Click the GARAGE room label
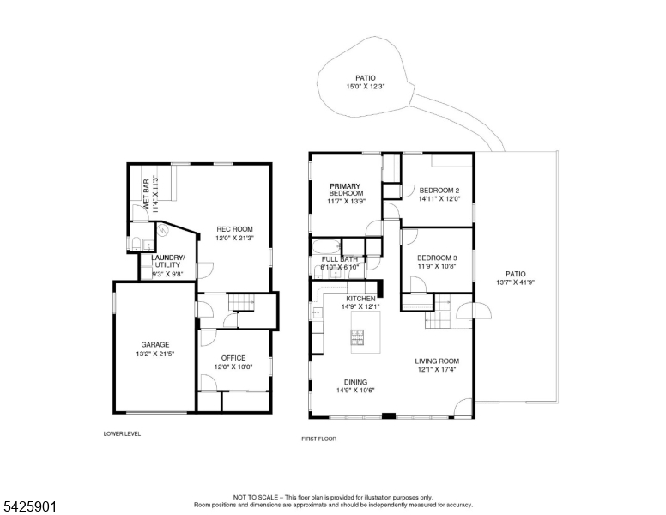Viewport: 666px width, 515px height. pyautogui.click(x=155, y=344)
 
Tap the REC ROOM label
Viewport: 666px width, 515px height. pyautogui.click(x=234, y=229)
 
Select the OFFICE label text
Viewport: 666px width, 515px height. pyautogui.click(x=233, y=358)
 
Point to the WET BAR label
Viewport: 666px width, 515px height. pyautogui.click(x=146, y=194)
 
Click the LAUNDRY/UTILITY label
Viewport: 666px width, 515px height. pyautogui.click(x=167, y=261)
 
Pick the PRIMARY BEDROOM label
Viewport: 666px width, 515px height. pyautogui.click(x=346, y=190)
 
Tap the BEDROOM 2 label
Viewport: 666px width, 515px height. pyautogui.click(x=439, y=191)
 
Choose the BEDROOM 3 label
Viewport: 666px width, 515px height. pyautogui.click(x=437, y=257)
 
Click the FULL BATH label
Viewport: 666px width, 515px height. pyautogui.click(x=339, y=259)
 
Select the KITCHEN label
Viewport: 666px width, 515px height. pyautogui.click(x=360, y=299)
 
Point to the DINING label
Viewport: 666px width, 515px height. pyautogui.click(x=355, y=382)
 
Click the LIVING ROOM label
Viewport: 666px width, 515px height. pyautogui.click(x=437, y=361)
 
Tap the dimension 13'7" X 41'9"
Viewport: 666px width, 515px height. pyautogui.click(x=515, y=282)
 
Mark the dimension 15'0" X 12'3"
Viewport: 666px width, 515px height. pyautogui.click(x=366, y=86)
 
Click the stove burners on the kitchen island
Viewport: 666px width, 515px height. pyautogui.click(x=357, y=337)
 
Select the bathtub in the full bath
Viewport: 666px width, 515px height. pyautogui.click(x=327, y=246)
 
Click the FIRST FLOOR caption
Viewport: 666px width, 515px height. pyautogui.click(x=319, y=439)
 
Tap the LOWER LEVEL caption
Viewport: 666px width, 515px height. pyautogui.click(x=122, y=433)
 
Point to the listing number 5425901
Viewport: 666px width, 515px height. pyautogui.click(x=30, y=506)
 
